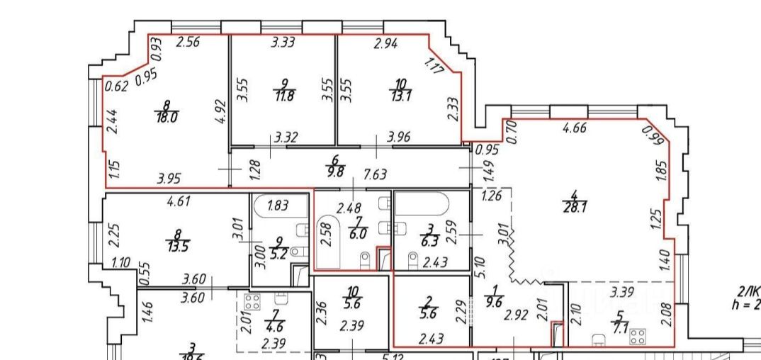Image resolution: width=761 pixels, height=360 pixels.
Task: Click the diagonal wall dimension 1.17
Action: point(433,66)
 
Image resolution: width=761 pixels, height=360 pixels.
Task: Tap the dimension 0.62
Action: point(115,87)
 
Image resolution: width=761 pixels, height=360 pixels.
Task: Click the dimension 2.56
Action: point(188,41)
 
